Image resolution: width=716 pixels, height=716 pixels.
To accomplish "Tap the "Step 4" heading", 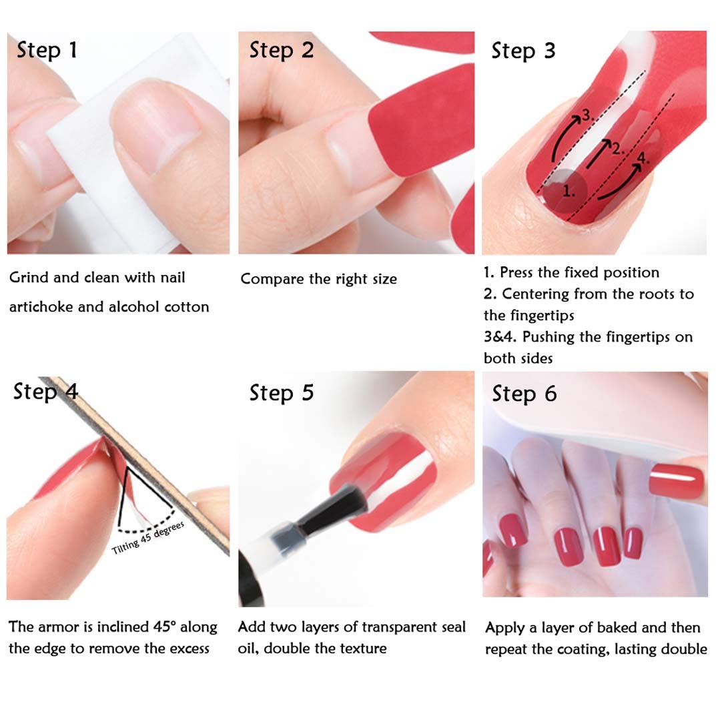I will (x=45, y=391).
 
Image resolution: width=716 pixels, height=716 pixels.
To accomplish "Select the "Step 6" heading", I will (x=524, y=394).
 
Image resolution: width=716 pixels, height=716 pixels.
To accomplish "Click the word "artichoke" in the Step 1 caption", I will (x=39, y=307).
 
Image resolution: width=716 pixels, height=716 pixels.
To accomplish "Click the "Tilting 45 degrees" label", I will (x=148, y=538).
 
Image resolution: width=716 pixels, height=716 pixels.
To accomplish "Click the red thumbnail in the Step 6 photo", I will (x=676, y=482).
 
